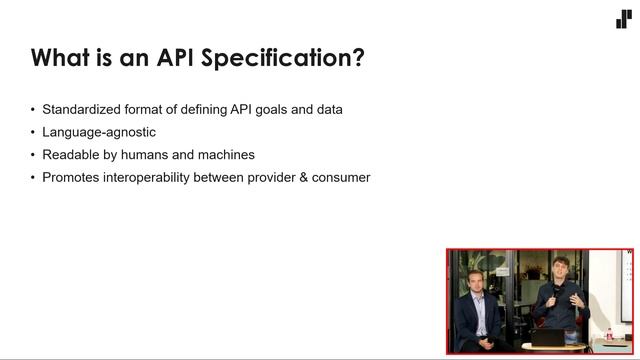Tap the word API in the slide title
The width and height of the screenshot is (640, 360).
click(x=172, y=58)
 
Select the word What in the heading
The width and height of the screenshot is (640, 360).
click(x=64, y=58)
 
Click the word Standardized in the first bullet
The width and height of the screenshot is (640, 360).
click(x=82, y=109)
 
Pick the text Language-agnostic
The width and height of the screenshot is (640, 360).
click(x=99, y=132)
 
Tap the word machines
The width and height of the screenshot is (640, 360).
click(x=227, y=155)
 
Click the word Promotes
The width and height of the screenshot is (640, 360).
click(x=71, y=178)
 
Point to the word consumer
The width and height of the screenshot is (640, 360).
click(x=340, y=178)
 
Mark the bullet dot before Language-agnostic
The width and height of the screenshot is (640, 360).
click(x=33, y=132)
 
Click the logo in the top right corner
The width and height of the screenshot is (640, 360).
click(x=623, y=19)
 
